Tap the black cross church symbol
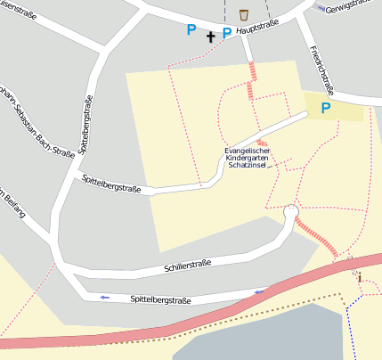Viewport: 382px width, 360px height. (211, 37)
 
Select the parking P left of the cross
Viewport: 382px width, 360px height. (190, 29)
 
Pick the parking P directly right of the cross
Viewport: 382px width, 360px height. (227, 33)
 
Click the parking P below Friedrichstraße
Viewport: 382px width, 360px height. (325, 108)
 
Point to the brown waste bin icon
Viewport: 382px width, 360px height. (244, 14)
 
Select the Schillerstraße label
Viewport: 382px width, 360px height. (187, 265)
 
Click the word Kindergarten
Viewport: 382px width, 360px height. (248, 157)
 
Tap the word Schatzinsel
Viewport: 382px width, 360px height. (248, 166)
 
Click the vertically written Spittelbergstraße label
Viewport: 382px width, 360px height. (87, 124)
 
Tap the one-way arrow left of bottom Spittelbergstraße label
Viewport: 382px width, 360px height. (104, 297)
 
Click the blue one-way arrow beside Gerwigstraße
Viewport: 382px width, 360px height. (321, 8)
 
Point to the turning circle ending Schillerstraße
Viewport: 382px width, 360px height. (290, 212)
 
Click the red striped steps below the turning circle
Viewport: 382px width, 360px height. (316, 238)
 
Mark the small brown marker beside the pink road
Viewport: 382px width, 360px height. (359, 278)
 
